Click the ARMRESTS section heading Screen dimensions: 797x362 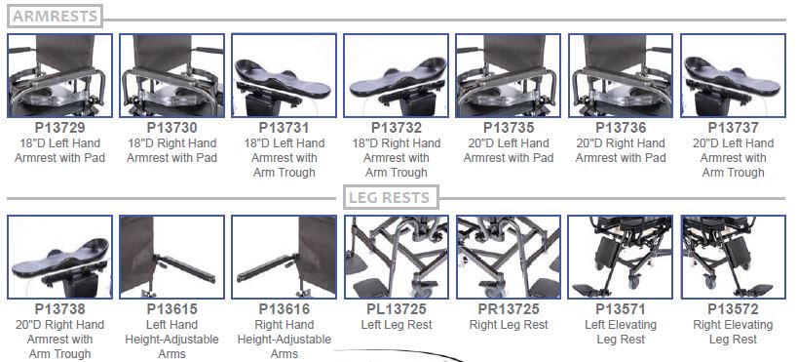[x=55, y=16]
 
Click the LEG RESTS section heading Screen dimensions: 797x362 [x=391, y=197]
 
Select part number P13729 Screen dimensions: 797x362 [x=60, y=127]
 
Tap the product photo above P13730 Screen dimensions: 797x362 [x=171, y=75]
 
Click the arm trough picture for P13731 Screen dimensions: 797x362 [x=285, y=75]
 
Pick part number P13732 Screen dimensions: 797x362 [x=397, y=127]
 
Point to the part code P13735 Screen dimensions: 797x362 [x=509, y=127]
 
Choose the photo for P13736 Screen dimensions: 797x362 [x=621, y=75]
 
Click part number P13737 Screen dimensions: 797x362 [x=733, y=127]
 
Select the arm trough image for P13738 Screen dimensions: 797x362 [x=60, y=257]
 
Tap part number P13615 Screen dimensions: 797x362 [x=171, y=309]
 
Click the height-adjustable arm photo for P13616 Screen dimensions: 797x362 [x=285, y=257]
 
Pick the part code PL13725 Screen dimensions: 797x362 [x=397, y=309]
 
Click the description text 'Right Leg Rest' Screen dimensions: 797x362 [x=509, y=324]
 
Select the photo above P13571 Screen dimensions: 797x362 [x=621, y=257]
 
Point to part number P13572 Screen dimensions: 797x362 [x=733, y=309]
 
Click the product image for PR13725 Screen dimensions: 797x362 [x=509, y=257]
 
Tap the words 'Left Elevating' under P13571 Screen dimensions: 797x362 [x=621, y=324]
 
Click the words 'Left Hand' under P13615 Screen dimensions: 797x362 [x=171, y=324]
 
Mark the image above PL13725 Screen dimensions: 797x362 [x=397, y=257]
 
